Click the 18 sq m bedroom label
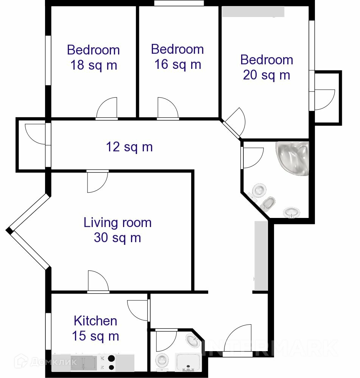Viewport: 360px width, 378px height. (x=94, y=58)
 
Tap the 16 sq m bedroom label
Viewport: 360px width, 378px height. (x=178, y=57)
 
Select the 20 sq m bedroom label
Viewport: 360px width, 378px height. (x=266, y=67)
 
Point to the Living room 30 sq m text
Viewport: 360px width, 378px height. (x=117, y=230)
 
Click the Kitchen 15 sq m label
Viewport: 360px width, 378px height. (x=95, y=328)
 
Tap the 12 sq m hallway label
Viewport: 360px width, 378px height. (x=129, y=147)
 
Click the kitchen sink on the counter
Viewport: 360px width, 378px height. (x=84, y=362)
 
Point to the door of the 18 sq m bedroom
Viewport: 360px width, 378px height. (x=107, y=108)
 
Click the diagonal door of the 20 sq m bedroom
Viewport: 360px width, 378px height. (x=234, y=123)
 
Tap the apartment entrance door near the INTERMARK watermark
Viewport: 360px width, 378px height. (x=237, y=340)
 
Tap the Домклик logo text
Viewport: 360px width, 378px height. (x=54, y=362)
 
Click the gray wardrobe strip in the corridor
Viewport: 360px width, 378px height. (x=261, y=255)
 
